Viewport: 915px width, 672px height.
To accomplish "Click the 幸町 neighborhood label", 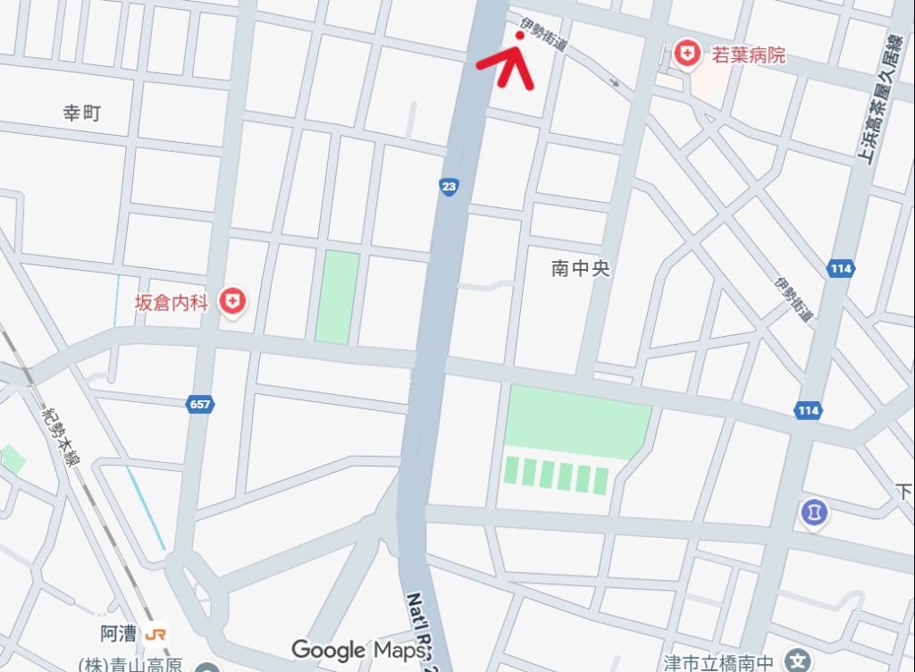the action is [81, 113].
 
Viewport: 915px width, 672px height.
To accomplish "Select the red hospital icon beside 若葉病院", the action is [687, 54].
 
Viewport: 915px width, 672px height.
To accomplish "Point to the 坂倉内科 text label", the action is [171, 303].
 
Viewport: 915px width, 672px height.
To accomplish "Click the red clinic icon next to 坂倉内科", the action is [233, 301].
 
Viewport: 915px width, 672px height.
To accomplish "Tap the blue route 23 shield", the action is [449, 187].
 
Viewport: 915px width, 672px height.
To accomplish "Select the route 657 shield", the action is [200, 405].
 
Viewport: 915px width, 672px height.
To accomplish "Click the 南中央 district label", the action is [580, 268].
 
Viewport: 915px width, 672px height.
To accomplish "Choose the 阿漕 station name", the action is [118, 634].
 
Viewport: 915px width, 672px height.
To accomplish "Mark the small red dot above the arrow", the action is [520, 36].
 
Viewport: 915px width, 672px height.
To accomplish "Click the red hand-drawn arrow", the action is [508, 64].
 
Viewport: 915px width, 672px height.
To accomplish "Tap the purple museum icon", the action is [814, 513].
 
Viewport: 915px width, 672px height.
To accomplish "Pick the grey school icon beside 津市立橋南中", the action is [795, 661].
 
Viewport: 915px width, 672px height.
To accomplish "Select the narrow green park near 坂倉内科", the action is [338, 297].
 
